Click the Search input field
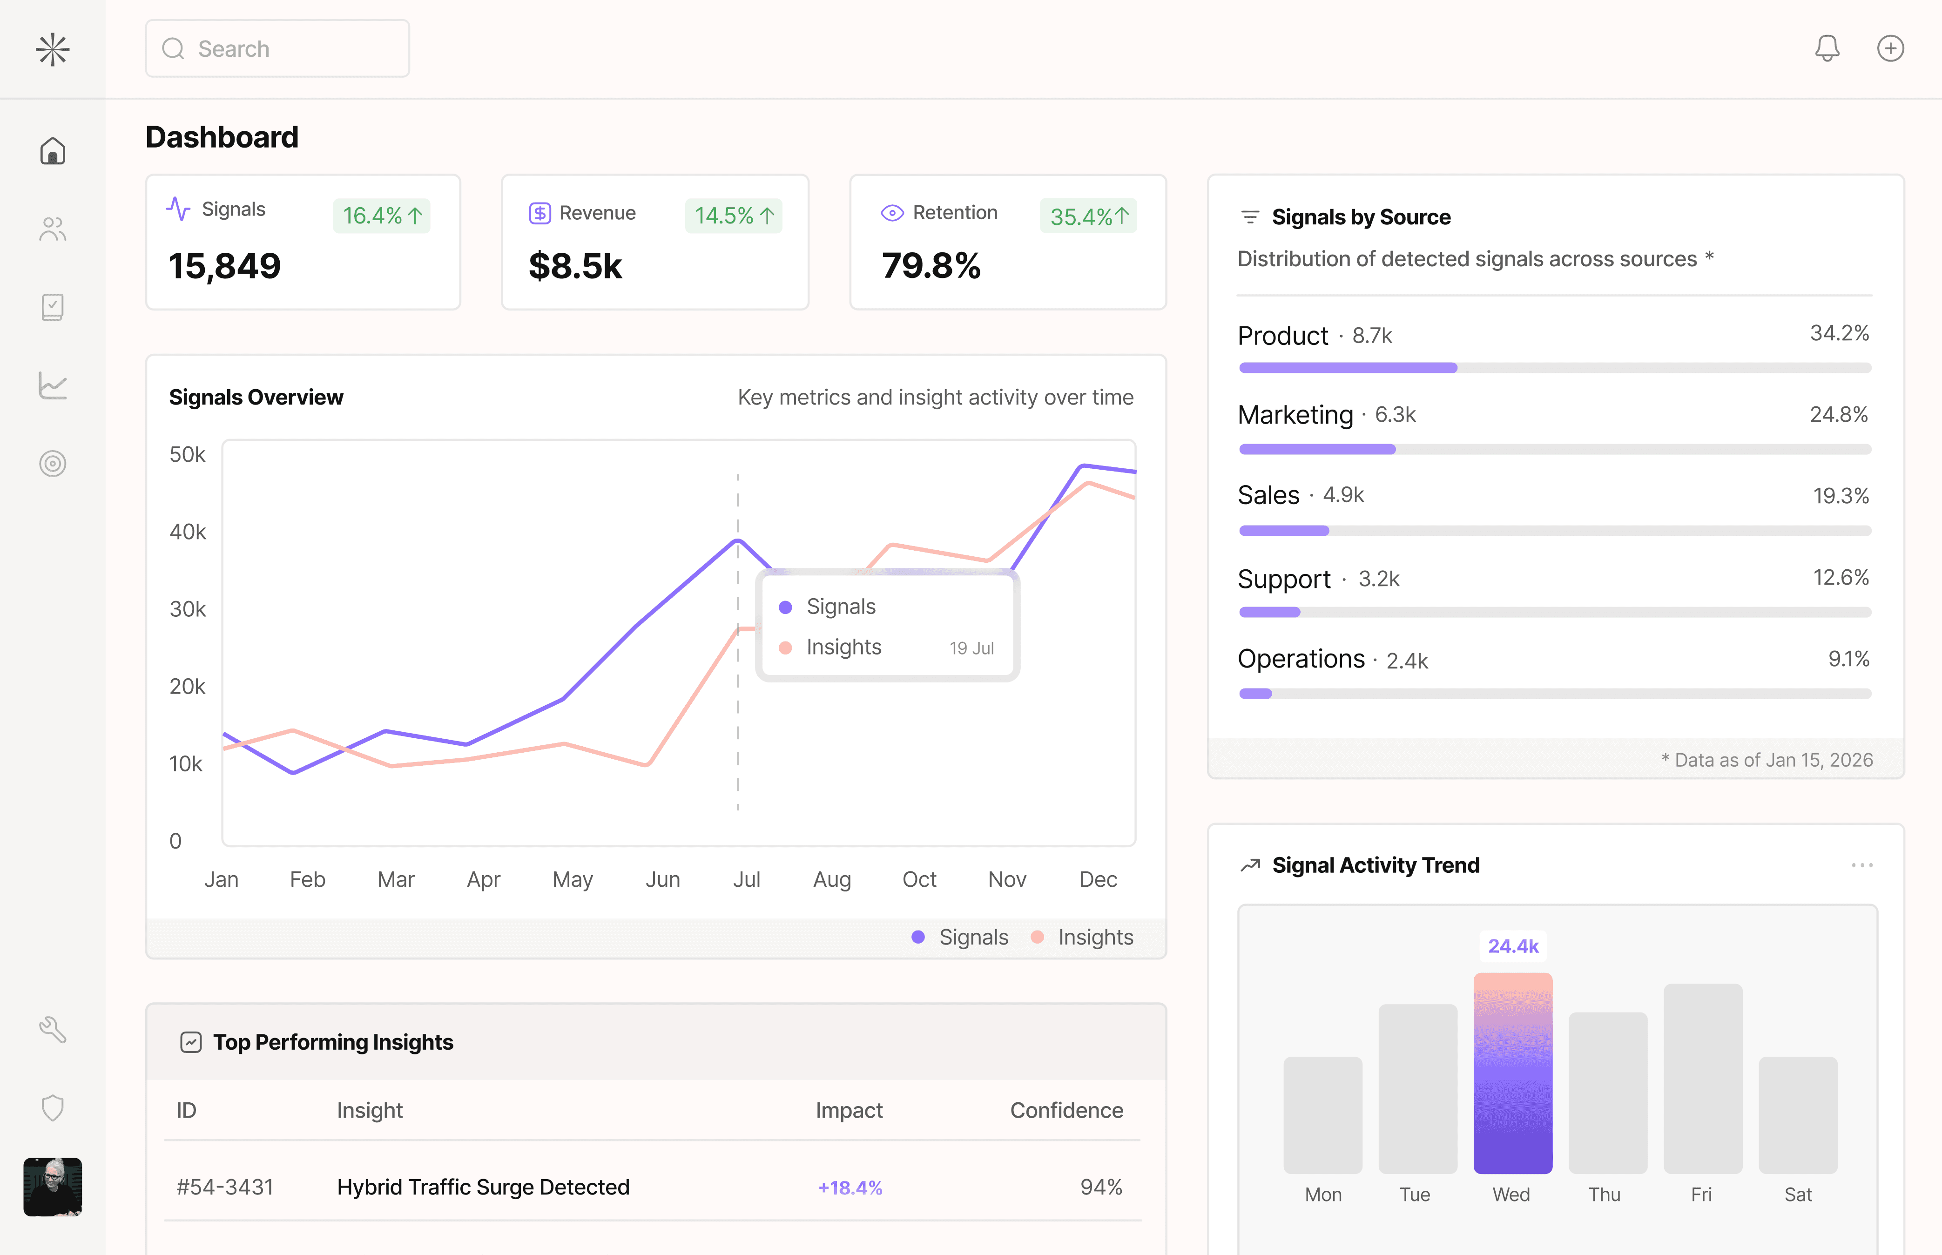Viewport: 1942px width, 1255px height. pos(277,49)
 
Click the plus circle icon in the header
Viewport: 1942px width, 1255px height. pos(1890,48)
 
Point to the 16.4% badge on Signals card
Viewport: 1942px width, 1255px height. pos(381,216)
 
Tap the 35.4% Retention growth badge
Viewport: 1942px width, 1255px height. pos(1088,216)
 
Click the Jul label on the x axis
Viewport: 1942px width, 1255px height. pos(746,879)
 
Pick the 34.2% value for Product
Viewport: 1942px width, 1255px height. pos(1839,333)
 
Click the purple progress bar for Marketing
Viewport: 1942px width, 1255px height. pos(1317,449)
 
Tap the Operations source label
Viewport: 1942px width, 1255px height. pos(1301,659)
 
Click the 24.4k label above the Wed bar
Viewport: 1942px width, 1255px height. pos(1512,946)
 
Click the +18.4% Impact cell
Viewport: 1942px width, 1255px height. pos(850,1188)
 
